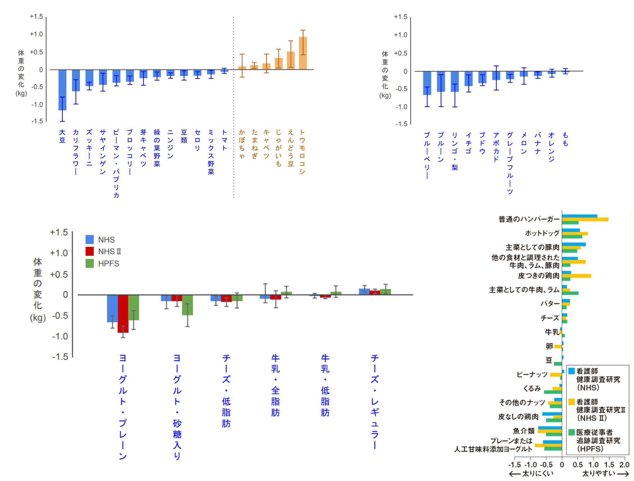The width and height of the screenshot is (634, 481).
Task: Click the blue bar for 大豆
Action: pyautogui.click(x=62, y=90)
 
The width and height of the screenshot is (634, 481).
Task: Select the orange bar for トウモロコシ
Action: pyautogui.click(x=303, y=54)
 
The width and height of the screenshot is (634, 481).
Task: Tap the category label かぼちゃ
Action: pyautogui.click(x=242, y=144)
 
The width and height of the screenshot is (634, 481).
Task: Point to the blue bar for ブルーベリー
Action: pyautogui.click(x=427, y=83)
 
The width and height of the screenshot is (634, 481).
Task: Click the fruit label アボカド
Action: pyautogui.click(x=496, y=147)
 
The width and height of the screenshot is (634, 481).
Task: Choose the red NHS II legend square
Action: pyautogui.click(x=89, y=251)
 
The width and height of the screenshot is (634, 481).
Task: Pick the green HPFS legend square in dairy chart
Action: pyautogui.click(x=89, y=263)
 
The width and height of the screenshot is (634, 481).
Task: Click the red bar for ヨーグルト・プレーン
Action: pyautogui.click(x=123, y=314)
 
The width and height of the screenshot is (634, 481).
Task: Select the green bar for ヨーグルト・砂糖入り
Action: pyautogui.click(x=187, y=305)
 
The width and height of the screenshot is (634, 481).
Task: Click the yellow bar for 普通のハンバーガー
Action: pyautogui.click(x=585, y=220)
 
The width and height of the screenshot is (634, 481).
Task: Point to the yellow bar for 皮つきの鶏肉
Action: pyautogui.click(x=576, y=276)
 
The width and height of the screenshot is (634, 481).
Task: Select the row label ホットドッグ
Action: pyautogui.click(x=542, y=233)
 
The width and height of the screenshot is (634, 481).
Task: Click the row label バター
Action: pyautogui.click(x=550, y=303)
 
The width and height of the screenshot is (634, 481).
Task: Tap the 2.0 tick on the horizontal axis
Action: pyautogui.click(x=624, y=465)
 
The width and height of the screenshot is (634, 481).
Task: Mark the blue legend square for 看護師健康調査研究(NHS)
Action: pyautogui.click(x=572, y=371)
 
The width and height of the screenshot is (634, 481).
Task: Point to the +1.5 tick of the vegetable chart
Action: pyautogui.click(x=36, y=16)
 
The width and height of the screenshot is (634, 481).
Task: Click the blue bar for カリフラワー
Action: pyautogui.click(x=76, y=81)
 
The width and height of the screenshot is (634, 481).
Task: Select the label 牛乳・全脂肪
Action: pyautogui.click(x=275, y=385)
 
